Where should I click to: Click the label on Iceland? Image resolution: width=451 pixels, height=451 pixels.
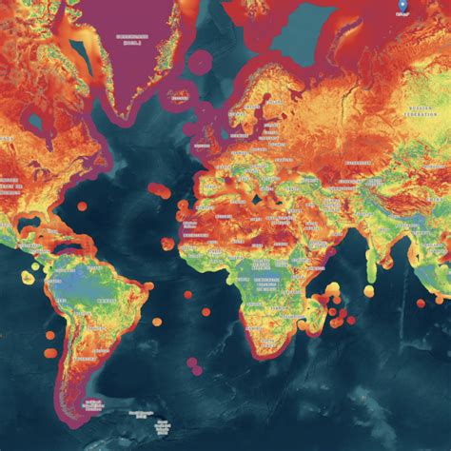tap(177, 94)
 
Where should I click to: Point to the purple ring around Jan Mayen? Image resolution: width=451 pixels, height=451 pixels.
tap(201, 64)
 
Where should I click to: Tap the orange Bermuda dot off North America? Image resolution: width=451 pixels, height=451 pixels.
tap(82, 206)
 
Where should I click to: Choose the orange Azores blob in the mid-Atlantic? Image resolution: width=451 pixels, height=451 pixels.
tap(161, 191)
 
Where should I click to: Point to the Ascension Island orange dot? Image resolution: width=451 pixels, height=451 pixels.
tap(186, 295)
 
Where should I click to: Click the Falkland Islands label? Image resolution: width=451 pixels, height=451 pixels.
tap(93, 403)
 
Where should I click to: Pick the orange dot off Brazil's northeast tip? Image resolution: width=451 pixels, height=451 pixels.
tap(148, 285)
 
